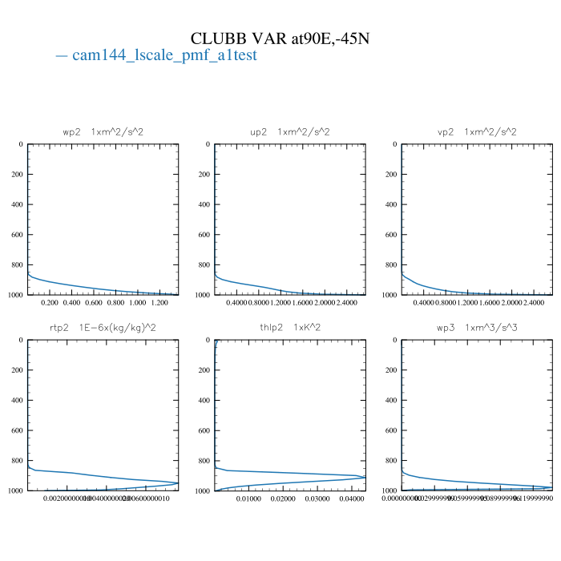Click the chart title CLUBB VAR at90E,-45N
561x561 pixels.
tap(280, 38)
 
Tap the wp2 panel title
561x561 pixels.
tap(103, 131)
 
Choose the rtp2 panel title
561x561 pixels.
tap(103, 328)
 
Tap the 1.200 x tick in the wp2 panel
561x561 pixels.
tap(160, 304)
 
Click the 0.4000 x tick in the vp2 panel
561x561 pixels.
tap(422, 304)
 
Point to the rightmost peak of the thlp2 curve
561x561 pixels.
tap(365, 478)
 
